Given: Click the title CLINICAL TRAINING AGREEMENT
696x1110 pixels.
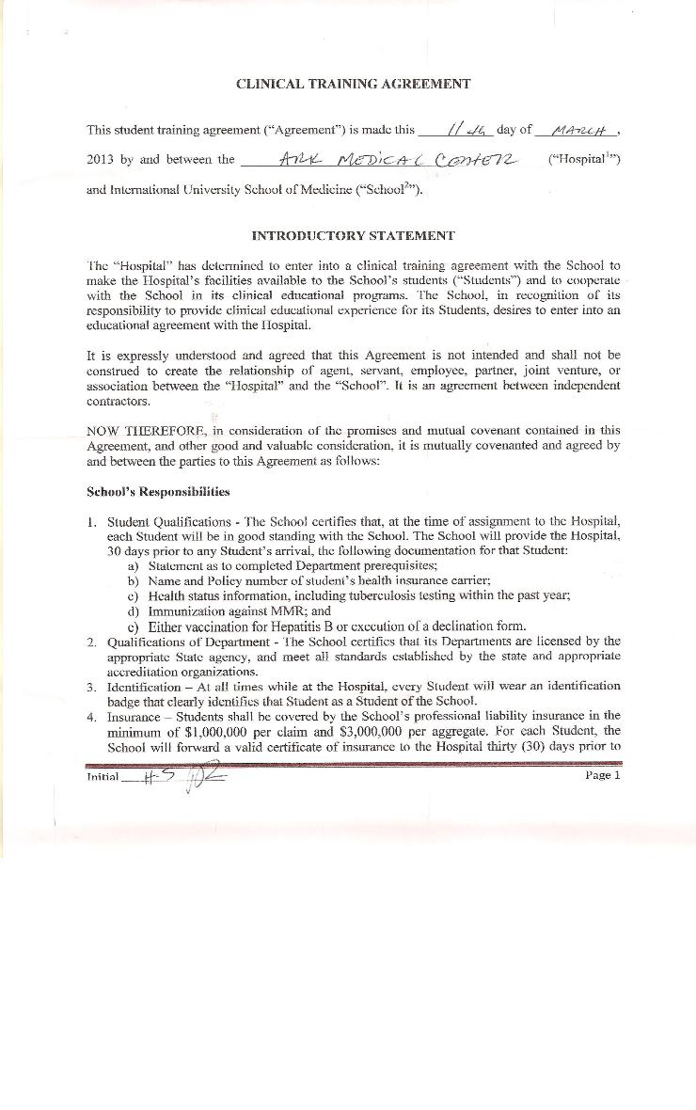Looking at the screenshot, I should point(353,84).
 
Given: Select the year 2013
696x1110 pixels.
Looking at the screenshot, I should point(100,160).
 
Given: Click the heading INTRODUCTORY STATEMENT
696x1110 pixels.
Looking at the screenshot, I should point(353,236).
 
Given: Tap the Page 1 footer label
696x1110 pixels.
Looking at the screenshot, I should point(603,775).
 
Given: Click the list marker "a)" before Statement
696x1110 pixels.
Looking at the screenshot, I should point(133,565).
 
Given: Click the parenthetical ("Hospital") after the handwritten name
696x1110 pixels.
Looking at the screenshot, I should point(583,160).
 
